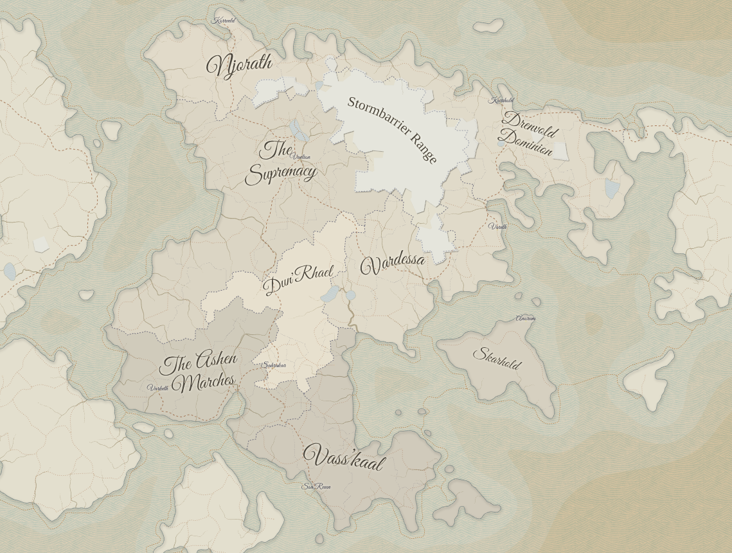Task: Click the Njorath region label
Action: (239, 65)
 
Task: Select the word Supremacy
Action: (280, 173)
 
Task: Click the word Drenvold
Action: (530, 125)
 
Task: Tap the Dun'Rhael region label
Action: (298, 280)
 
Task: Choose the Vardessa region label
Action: (393, 263)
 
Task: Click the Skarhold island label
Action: (497, 358)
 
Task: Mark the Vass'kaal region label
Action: (343, 458)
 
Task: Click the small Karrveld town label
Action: (224, 21)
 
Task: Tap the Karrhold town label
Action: (501, 100)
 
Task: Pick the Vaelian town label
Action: (301, 156)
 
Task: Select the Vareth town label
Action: (497, 226)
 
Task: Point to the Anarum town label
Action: (526, 318)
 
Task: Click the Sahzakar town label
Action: (274, 365)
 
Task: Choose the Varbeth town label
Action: (158, 388)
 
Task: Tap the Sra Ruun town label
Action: (316, 487)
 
